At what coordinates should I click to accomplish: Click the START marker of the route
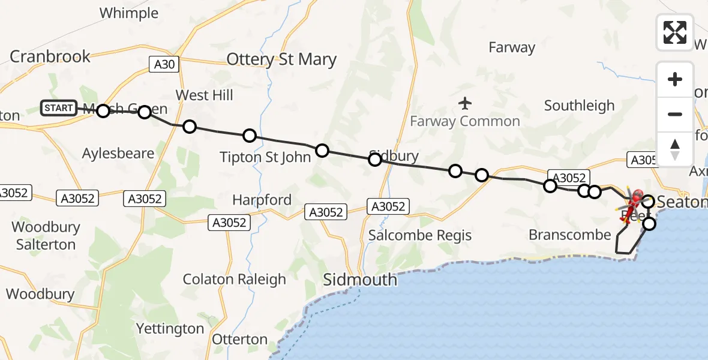point(59,108)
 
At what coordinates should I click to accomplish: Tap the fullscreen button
point(674,32)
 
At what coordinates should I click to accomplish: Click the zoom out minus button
point(674,114)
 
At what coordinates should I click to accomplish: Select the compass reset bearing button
point(674,148)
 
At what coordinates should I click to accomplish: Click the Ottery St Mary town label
point(281,59)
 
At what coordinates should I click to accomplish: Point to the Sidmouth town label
point(360,280)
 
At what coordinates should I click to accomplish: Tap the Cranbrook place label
point(50,56)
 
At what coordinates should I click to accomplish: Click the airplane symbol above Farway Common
point(465,103)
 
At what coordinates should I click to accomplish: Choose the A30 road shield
point(164,65)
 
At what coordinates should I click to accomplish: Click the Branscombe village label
point(569,235)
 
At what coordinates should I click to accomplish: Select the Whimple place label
point(129,13)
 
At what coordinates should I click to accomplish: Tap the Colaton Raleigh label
point(235,279)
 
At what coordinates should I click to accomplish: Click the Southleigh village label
point(579,106)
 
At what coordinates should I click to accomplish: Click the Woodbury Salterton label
point(46,236)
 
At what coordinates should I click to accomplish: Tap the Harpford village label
point(262,200)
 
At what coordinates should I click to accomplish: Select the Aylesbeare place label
point(118,153)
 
